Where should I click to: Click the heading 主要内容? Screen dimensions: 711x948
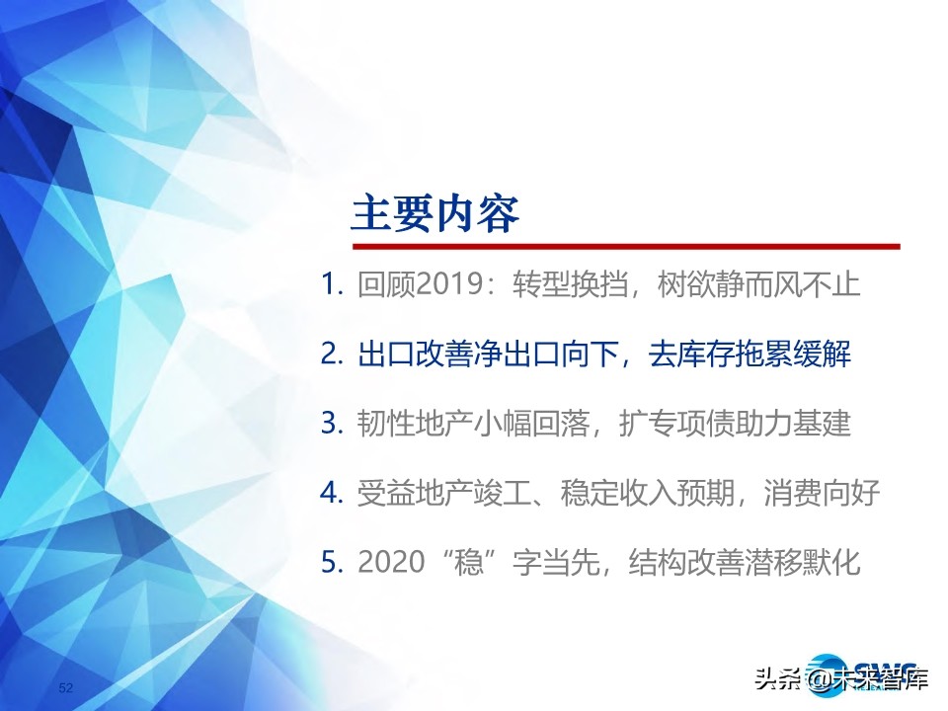coord(435,213)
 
